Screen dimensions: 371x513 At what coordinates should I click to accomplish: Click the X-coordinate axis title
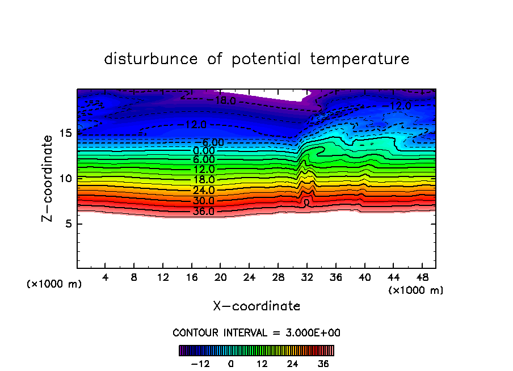click(256, 306)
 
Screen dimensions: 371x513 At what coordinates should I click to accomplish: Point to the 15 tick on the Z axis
click(66, 133)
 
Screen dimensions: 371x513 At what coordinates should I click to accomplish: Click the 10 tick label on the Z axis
click(66, 178)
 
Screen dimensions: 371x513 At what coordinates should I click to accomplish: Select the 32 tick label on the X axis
click(306, 279)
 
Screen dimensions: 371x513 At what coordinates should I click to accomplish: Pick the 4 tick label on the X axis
click(105, 279)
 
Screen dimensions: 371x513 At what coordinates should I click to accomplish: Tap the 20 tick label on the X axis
click(220, 279)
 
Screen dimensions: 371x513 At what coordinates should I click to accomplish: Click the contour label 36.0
click(204, 212)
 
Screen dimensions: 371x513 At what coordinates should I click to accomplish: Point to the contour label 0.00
click(204, 151)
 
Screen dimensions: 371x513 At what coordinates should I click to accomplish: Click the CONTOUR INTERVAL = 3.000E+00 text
click(256, 332)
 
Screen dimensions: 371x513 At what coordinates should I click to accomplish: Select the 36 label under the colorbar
click(323, 364)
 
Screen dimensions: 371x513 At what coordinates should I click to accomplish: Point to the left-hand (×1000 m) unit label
click(54, 284)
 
